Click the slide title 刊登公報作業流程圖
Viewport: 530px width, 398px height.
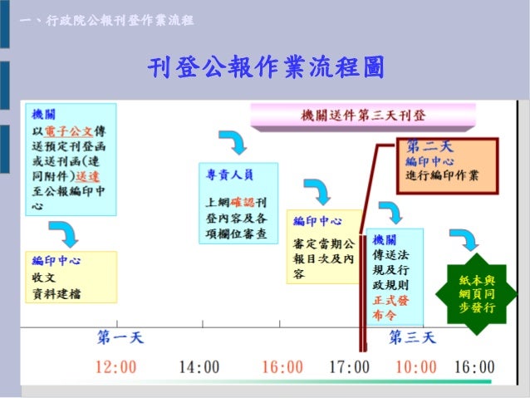click(266, 68)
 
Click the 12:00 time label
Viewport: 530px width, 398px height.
click(115, 366)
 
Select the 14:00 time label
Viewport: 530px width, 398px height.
click(199, 366)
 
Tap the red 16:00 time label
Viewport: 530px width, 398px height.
click(282, 366)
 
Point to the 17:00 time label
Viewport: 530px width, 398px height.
click(349, 366)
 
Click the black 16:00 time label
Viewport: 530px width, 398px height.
click(475, 366)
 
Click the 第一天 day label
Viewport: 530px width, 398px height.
click(120, 337)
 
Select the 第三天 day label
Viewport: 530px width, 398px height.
click(412, 337)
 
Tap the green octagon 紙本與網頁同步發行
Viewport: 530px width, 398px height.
click(477, 294)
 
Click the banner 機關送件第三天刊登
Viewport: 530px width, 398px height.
click(363, 115)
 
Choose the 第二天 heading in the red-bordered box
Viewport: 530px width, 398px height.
click(430, 148)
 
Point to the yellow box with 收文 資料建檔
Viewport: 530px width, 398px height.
click(71, 278)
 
